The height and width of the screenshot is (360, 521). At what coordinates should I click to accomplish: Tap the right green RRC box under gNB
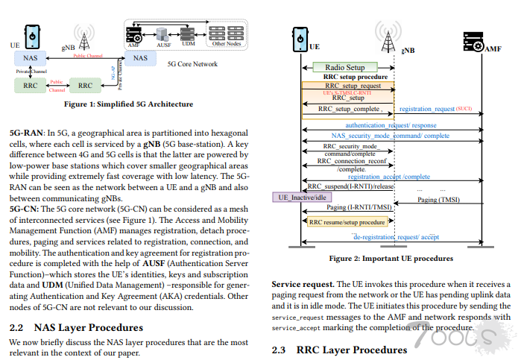click(84, 86)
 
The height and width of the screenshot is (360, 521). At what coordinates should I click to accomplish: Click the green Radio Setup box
click(345, 68)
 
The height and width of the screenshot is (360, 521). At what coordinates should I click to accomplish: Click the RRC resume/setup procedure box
click(347, 221)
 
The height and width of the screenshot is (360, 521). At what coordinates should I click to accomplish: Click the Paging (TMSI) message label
click(438, 200)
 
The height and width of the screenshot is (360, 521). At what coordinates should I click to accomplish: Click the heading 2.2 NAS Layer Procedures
click(76, 327)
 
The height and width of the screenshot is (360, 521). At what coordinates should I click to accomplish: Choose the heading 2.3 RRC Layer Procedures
click(339, 350)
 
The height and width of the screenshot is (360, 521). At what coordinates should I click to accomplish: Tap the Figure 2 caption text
click(391, 259)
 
